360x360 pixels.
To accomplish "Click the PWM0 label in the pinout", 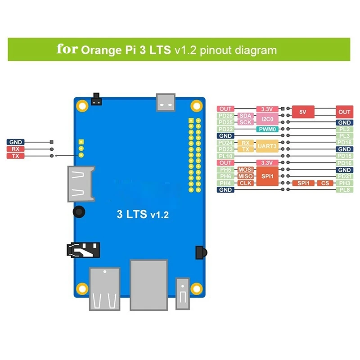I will (266, 129).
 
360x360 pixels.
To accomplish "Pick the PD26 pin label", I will (225, 116).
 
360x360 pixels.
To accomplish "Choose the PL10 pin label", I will (225, 156).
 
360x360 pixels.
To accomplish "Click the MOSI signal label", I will (245, 170).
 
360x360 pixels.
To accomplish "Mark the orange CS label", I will (325, 183).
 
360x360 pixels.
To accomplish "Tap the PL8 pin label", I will (344, 190).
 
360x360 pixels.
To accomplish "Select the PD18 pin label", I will (344, 143).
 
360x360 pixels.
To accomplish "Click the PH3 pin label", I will (344, 183).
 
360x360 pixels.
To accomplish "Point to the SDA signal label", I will (245, 116).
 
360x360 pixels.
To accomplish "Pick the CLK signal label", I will (245, 183).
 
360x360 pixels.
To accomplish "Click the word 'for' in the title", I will (67, 49).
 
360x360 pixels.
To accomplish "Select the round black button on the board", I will (79, 211).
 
